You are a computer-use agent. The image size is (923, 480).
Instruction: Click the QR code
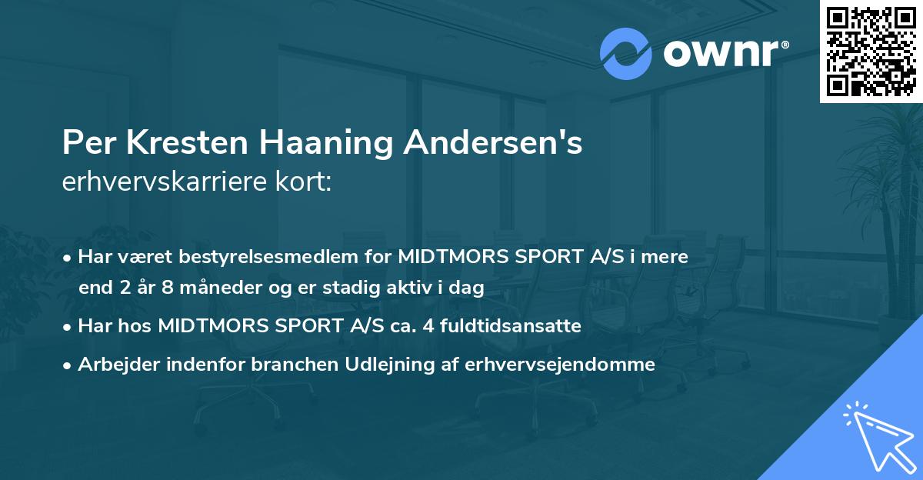(871, 51)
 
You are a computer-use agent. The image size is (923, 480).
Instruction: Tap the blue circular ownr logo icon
(625, 54)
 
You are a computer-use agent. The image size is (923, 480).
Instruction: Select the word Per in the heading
(85, 143)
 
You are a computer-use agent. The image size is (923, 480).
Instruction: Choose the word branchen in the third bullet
(285, 365)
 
